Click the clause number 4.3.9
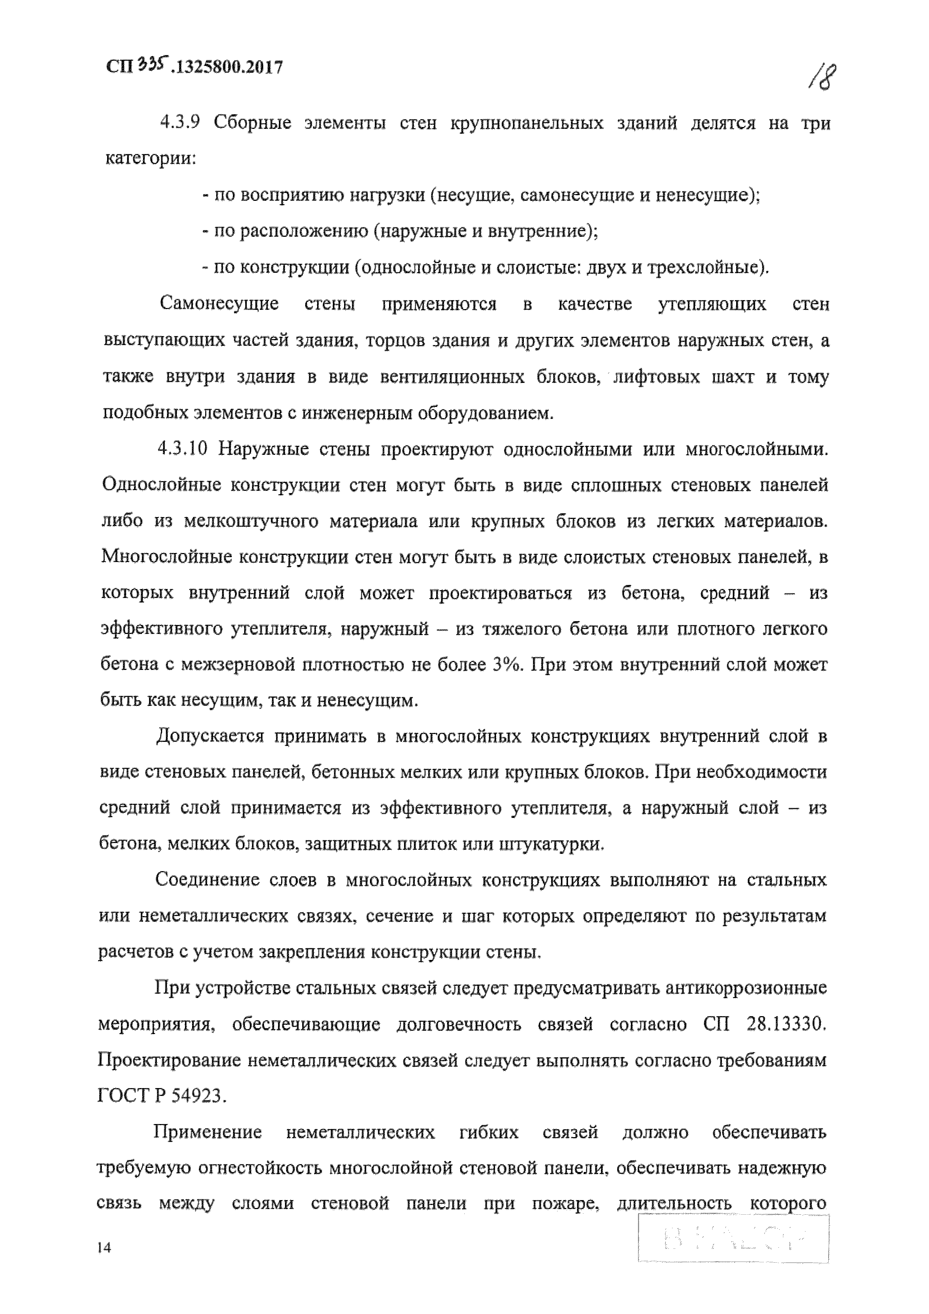coord(179,123)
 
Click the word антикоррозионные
coord(747,988)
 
